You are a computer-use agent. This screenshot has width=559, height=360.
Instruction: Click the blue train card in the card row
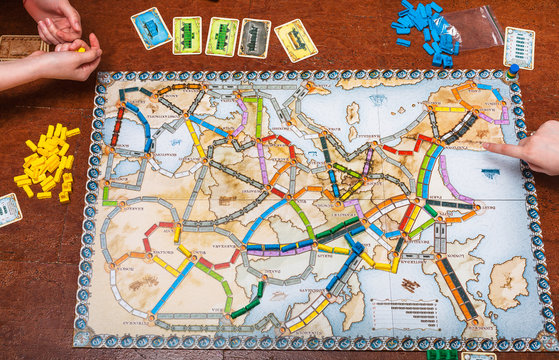coord(150,28)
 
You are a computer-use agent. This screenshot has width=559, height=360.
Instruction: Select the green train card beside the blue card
coord(187,35)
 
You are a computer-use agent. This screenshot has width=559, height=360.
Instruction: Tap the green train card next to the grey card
coord(222,36)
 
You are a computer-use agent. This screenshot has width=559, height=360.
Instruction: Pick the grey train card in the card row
coord(254,38)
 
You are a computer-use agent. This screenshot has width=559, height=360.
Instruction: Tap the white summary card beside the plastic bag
coord(518,47)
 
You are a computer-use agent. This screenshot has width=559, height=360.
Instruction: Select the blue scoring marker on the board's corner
coord(513,71)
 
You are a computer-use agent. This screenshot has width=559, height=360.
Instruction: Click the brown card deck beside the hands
coord(22,47)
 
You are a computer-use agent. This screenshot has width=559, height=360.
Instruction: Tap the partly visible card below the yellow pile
coord(8,209)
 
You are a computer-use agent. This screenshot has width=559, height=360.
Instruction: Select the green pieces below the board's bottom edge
coord(441,353)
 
